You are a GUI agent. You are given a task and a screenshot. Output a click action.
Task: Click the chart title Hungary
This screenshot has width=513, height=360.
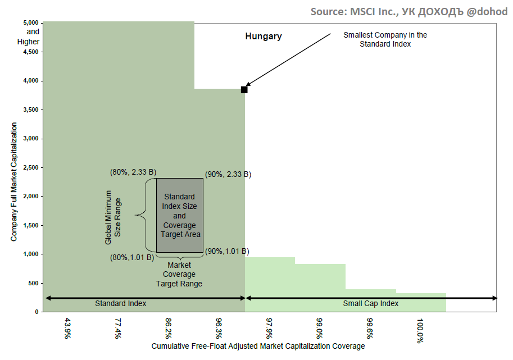[x=263, y=37]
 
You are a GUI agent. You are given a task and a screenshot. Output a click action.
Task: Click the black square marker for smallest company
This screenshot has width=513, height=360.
[x=244, y=90]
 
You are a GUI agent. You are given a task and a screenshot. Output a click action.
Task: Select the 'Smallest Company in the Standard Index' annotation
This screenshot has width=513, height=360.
[x=385, y=39]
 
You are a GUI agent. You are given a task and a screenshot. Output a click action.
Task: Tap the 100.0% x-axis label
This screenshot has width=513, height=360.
[x=420, y=331]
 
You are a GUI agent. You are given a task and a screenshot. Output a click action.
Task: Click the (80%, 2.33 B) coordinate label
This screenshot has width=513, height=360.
[x=133, y=172]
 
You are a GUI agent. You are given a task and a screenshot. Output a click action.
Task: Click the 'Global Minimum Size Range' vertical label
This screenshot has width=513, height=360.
[x=113, y=217]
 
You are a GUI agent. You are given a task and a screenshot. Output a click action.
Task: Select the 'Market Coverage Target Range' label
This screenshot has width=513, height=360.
[x=179, y=274]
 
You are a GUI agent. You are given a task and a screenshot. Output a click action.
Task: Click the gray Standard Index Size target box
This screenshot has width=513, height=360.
[x=179, y=215]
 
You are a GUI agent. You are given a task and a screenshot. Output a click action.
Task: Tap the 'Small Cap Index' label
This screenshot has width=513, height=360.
[x=370, y=303]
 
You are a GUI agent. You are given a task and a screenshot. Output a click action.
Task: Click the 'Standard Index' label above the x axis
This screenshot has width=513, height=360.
[x=120, y=303]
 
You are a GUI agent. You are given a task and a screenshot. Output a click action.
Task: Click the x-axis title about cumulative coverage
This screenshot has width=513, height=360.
[x=258, y=346]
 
